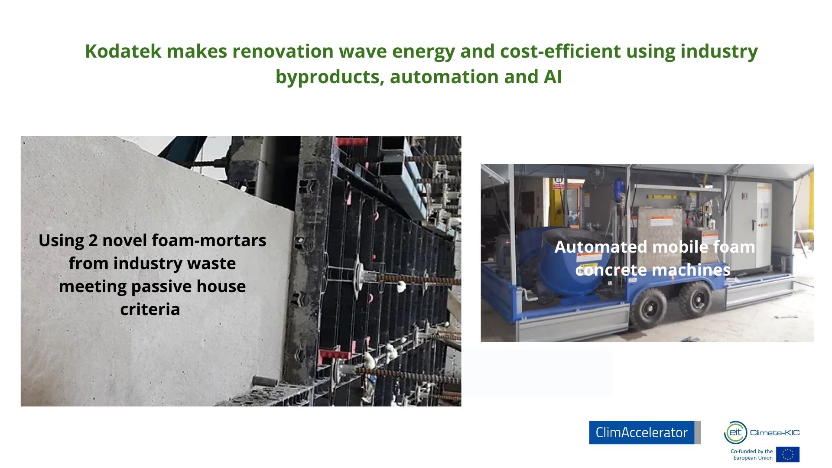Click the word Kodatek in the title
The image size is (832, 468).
123,51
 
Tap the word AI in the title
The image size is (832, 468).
553,77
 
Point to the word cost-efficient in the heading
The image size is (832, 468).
560,51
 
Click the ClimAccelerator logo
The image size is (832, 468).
644,432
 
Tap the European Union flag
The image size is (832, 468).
788,455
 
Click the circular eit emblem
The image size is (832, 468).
735,432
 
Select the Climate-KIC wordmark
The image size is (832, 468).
775,432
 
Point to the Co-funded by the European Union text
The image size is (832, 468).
752,455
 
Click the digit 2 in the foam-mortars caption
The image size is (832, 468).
93,240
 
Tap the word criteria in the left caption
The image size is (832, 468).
150,309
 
